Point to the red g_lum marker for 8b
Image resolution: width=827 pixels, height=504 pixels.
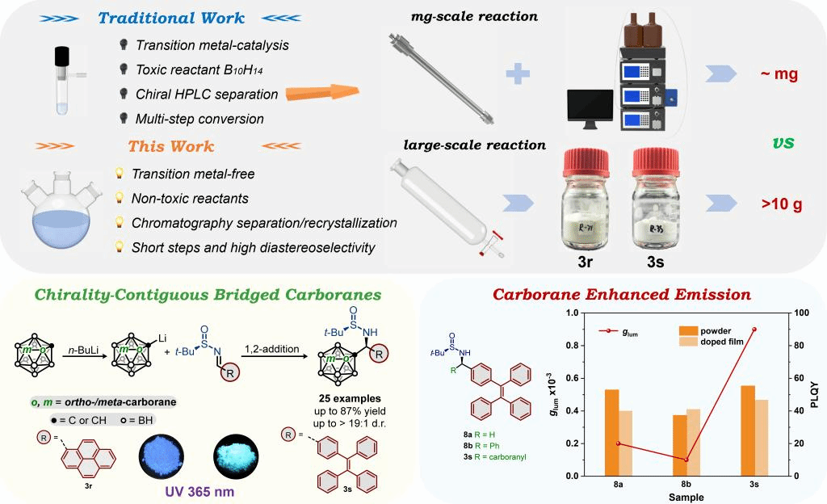[686, 460]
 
